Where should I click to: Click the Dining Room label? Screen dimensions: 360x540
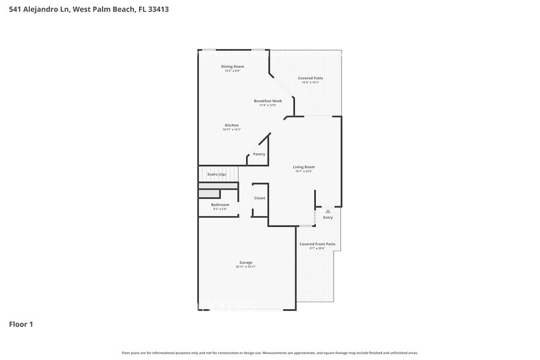(233, 66)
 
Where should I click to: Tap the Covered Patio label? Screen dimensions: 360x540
(310, 78)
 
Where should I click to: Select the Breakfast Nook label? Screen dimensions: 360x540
(268, 100)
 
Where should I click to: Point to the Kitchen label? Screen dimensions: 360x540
(231, 125)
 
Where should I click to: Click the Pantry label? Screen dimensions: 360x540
(259, 154)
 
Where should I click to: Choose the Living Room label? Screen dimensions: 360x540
(304, 167)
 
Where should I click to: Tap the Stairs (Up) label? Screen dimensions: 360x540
(217, 174)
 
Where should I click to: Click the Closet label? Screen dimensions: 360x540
(260, 198)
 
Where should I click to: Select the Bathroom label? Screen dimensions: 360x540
(220, 204)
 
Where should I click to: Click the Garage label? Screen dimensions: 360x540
(246, 263)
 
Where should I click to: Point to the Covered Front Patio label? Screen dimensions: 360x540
(317, 244)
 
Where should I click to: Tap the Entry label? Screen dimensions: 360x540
(328, 217)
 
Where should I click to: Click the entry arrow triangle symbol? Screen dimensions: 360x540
(328, 211)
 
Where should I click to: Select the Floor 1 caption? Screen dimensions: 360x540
(21, 324)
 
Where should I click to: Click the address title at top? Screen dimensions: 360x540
(89, 9)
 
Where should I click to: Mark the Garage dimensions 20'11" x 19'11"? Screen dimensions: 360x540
(246, 267)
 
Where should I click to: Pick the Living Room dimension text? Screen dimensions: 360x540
(304, 171)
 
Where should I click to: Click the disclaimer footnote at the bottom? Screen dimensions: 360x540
(269, 353)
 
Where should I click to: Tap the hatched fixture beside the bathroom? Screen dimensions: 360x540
(209, 194)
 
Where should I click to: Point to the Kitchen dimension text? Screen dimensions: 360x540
(231, 129)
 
